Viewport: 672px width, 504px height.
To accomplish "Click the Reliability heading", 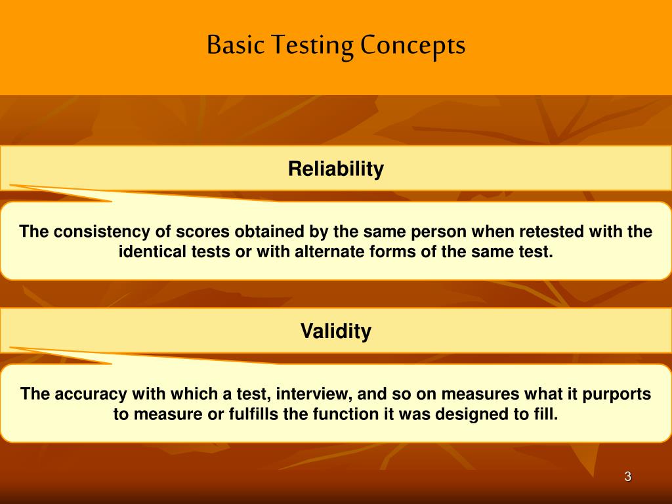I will tap(335, 169).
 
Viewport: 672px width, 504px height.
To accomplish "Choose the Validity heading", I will tap(335, 331).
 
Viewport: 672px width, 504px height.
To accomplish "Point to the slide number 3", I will tap(627, 477).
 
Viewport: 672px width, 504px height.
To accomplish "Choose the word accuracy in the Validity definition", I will tap(91, 394).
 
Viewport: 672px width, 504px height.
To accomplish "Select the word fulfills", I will tap(253, 414).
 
